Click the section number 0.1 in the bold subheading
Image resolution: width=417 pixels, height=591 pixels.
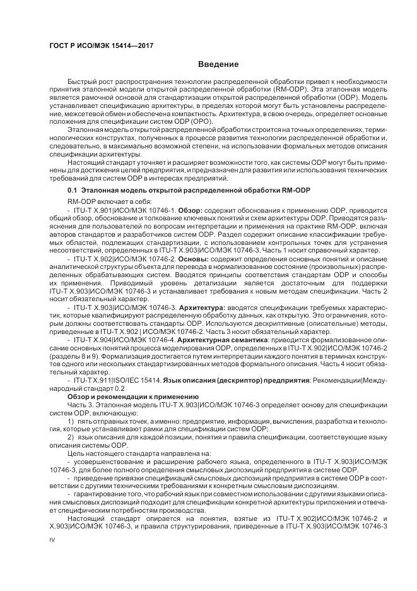pyautogui.click(x=73, y=190)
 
